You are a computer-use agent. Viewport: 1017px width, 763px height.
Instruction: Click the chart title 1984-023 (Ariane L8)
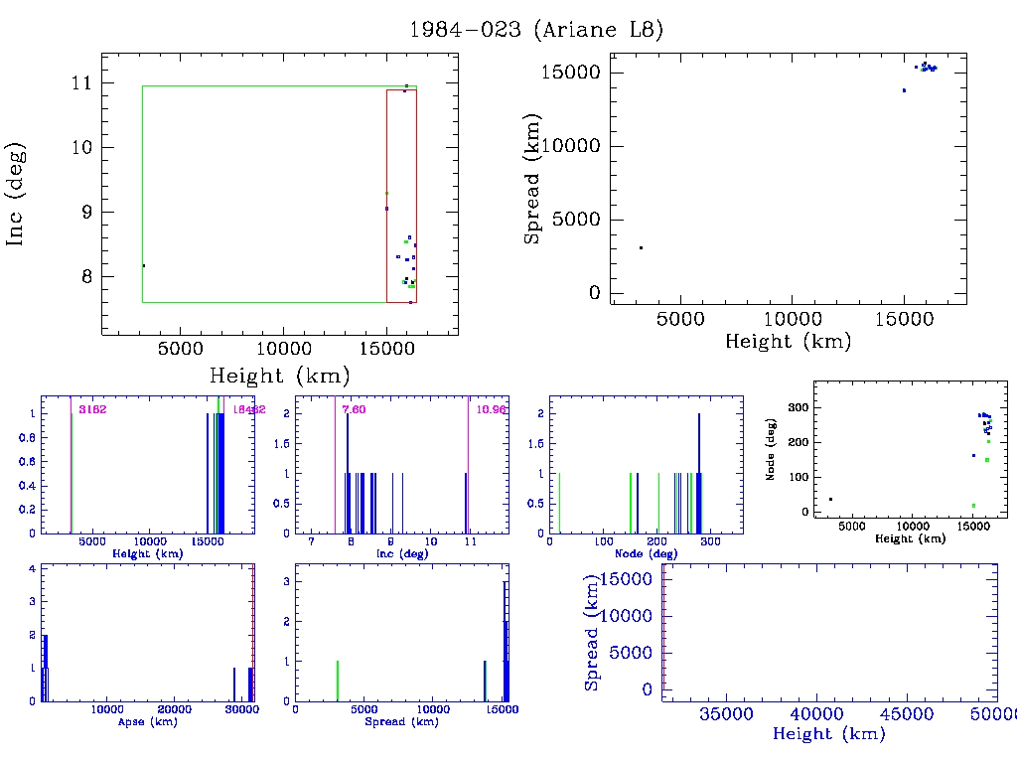pos(536,30)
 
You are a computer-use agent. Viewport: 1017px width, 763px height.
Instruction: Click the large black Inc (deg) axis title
pos(17,193)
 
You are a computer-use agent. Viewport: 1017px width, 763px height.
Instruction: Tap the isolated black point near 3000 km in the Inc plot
pos(144,265)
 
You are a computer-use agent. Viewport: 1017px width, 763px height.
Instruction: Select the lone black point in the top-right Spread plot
pos(641,247)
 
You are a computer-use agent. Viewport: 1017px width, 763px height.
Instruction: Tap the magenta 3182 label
pos(92,409)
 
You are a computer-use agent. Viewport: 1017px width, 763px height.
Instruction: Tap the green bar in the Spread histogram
pos(338,682)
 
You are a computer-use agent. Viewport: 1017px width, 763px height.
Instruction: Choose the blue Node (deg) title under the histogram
pos(644,552)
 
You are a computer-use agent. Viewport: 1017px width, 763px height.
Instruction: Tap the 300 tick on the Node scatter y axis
pos(795,408)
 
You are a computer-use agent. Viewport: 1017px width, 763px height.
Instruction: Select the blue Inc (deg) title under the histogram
pos(400,552)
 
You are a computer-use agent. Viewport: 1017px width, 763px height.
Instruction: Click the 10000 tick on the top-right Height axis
pos(792,319)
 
